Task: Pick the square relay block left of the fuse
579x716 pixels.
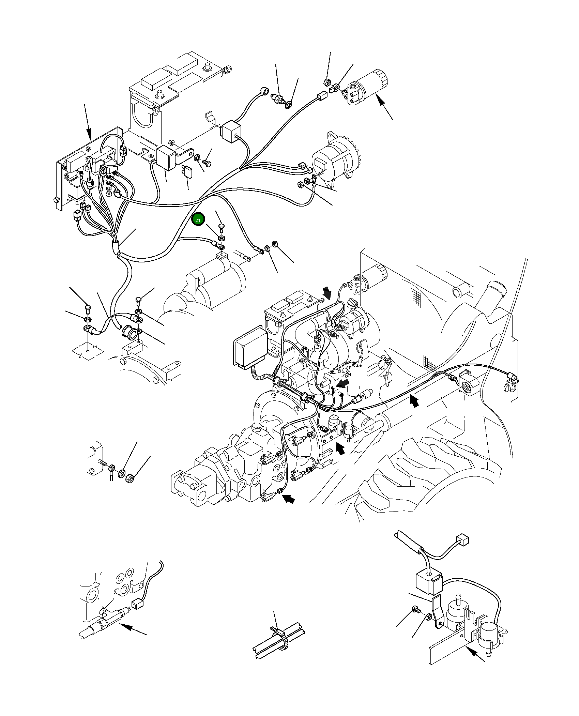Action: (166, 156)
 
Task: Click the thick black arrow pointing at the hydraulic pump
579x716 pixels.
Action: (288, 500)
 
